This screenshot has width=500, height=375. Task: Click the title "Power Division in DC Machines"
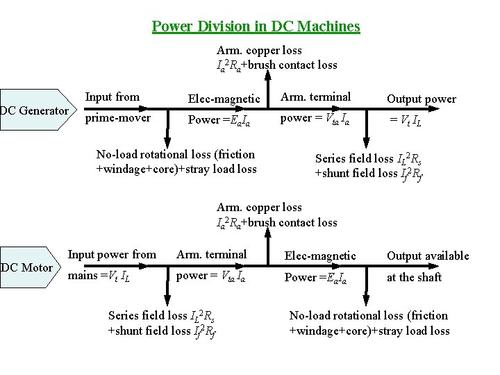click(256, 27)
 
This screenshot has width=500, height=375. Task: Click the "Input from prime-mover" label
click(117, 107)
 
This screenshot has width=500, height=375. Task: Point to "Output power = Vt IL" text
click(421, 108)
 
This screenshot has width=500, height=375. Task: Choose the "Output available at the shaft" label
click(427, 266)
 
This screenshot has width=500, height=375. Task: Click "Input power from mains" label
click(111, 265)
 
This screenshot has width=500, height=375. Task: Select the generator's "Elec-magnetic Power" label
click(224, 109)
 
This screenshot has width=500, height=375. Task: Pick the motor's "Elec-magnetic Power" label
click(320, 266)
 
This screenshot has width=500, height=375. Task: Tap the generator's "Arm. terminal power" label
click(315, 107)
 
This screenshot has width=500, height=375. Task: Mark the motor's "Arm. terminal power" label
click(211, 265)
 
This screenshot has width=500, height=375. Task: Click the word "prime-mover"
click(117, 118)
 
